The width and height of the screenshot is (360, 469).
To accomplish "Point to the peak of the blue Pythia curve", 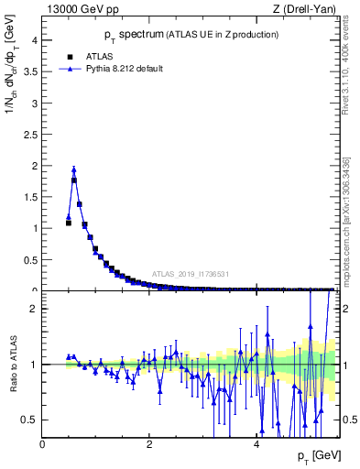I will coord(74,169).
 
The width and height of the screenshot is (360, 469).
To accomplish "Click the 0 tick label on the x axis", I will coord(43,442).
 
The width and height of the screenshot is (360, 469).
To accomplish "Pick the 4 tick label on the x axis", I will coord(256,442).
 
